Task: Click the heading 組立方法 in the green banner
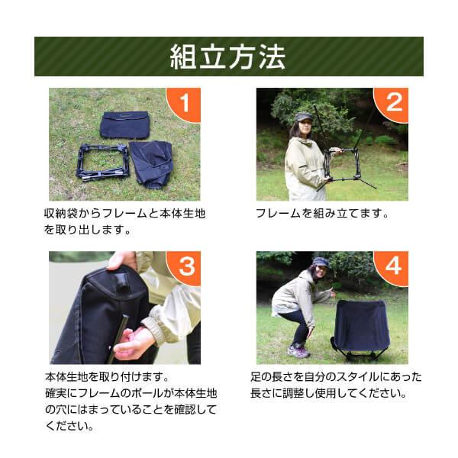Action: pos(227,56)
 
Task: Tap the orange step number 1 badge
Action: pos(185,103)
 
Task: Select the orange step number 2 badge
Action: pos(392,103)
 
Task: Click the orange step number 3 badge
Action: pos(185,266)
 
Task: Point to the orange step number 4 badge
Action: pos(392,266)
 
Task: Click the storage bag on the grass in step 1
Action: pos(124,125)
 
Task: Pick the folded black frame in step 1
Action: pos(102,162)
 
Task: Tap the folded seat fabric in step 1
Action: pos(152,164)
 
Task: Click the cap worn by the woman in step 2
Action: pos(302,117)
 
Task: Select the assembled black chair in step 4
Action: pos(362,331)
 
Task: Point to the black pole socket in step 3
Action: pos(122,282)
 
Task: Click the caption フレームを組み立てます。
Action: pos(322,214)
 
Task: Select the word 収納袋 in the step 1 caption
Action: pos(60,214)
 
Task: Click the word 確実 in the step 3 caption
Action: pos(56,393)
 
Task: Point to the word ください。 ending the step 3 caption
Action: pos(69,426)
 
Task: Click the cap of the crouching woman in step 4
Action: pos(321,263)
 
